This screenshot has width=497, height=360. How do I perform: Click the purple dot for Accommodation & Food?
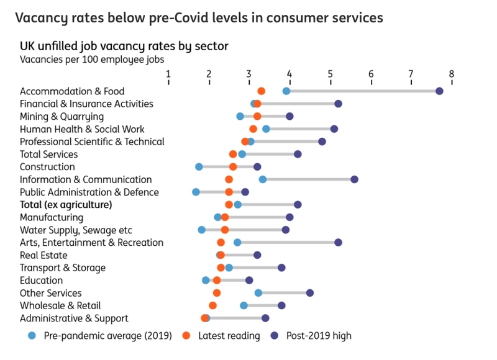click(439, 91)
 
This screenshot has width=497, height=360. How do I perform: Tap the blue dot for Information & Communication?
click(263, 179)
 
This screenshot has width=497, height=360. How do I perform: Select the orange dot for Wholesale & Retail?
click(213, 305)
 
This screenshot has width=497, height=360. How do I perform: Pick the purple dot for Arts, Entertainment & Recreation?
click(338, 242)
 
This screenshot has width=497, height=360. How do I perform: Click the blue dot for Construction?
click(199, 167)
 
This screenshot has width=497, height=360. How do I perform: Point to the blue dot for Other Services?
click(258, 293)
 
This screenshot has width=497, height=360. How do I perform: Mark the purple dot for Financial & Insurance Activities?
click(338, 104)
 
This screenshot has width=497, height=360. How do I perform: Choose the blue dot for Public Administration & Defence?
click(196, 192)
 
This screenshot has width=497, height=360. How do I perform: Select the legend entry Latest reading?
click(229, 336)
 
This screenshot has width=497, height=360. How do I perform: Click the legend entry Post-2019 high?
click(318, 336)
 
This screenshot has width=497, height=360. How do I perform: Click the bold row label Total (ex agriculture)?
click(66, 204)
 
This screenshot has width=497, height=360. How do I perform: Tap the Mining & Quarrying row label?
click(62, 117)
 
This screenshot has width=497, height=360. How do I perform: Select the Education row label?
click(41, 281)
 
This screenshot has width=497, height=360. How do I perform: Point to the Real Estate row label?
click(43, 255)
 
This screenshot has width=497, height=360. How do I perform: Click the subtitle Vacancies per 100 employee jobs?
click(92, 60)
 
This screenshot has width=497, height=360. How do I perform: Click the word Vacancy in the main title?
click(43, 18)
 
